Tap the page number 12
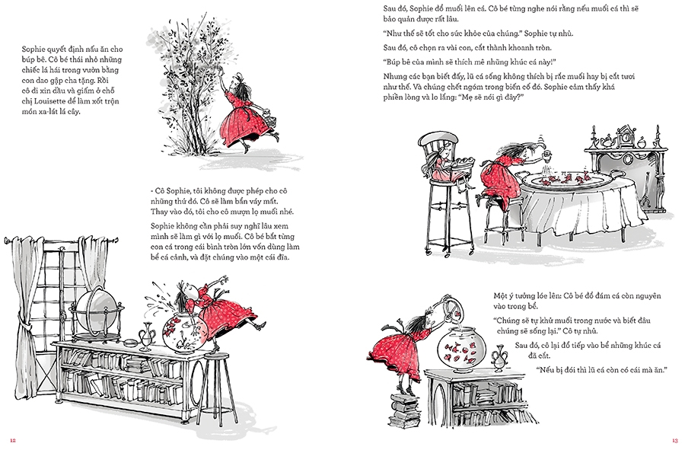(x=13, y=440)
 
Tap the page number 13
(x=675, y=440)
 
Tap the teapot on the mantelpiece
(x=606, y=142)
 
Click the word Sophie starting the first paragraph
(x=33, y=49)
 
